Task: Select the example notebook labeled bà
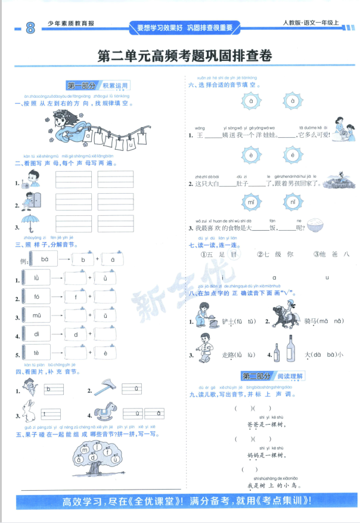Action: pyautogui.click(x=45, y=259)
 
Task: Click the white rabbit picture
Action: pyautogui.click(x=27, y=412)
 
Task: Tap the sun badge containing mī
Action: pyautogui.click(x=252, y=202)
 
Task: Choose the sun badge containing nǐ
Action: pyautogui.click(x=292, y=202)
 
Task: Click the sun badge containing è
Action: pyautogui.click(x=252, y=156)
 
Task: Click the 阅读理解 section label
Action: pyautogui.click(x=290, y=376)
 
